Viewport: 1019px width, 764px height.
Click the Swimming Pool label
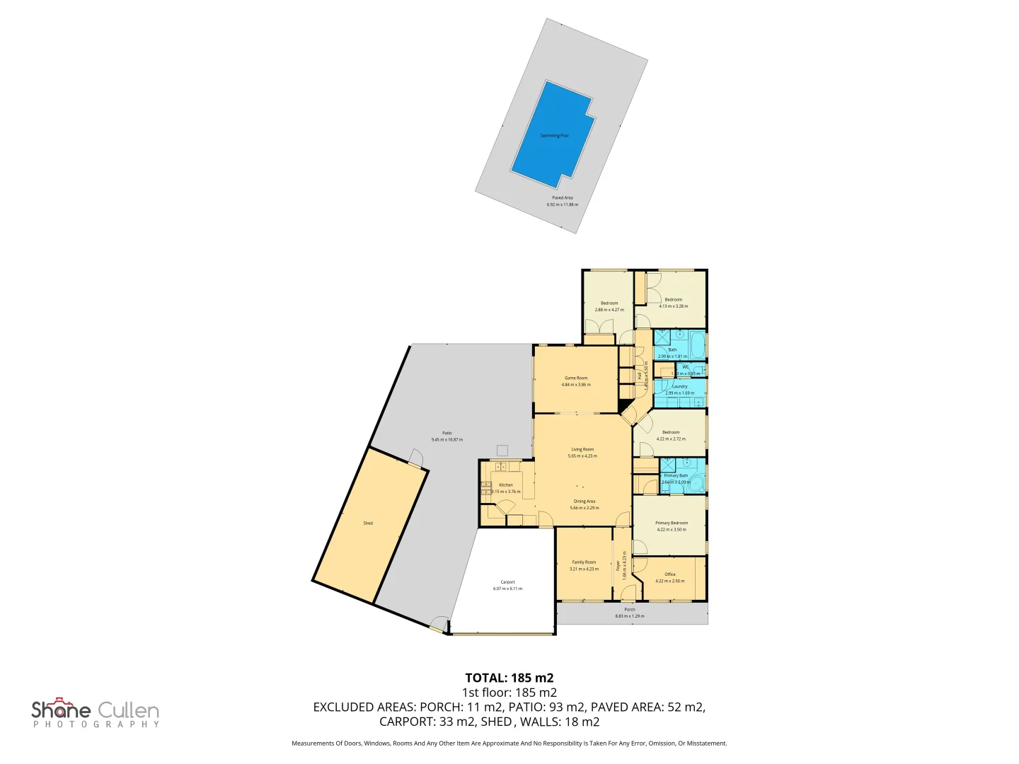pos(554,136)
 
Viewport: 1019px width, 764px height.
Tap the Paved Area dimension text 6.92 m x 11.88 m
pos(562,204)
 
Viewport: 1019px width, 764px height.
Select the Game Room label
pos(576,378)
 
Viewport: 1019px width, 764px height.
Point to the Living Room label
pos(582,450)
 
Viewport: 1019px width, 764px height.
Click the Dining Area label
pos(585,502)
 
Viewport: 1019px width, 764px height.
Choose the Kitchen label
pos(506,485)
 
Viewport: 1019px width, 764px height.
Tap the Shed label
pos(368,523)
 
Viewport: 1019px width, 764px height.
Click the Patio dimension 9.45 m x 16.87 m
pos(447,440)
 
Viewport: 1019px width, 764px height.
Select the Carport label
pos(507,582)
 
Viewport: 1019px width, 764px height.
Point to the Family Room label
pos(584,562)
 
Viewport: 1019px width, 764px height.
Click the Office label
pos(670,574)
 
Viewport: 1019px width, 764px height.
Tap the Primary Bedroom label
pos(672,523)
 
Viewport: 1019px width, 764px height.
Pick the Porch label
pos(630,610)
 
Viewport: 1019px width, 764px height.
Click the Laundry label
pos(680,387)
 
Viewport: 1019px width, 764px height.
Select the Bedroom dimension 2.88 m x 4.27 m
pos(609,310)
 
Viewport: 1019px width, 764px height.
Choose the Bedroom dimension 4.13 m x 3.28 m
pos(673,306)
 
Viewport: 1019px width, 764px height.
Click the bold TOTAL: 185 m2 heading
pos(509,678)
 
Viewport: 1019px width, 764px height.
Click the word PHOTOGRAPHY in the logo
pos(96,724)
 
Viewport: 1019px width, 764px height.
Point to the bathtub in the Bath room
pos(696,344)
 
